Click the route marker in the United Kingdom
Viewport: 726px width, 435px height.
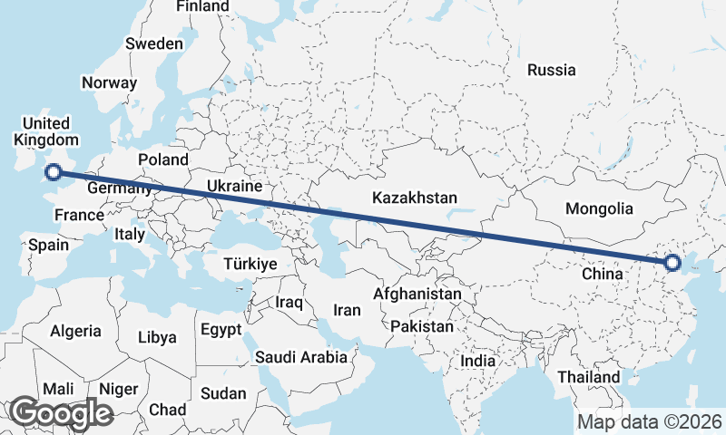(54, 171)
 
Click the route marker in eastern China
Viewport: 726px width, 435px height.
(672, 263)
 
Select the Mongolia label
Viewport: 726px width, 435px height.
(599, 208)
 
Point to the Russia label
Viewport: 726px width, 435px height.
(551, 70)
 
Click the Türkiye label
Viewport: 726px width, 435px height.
(250, 264)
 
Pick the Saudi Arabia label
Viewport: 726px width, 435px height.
(301, 357)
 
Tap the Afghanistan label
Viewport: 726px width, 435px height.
(417, 295)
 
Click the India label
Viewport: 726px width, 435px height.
(478, 361)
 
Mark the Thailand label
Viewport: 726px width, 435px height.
(589, 377)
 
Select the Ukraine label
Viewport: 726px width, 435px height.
(234, 186)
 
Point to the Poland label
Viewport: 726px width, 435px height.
(163, 160)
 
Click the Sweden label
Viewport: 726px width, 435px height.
(154, 43)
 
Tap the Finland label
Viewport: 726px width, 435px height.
(202, 6)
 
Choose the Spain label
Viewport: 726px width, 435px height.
(48, 245)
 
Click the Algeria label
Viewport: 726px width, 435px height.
(76, 332)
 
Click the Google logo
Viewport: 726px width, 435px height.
(61, 413)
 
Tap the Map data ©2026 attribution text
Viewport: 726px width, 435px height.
(650, 421)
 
